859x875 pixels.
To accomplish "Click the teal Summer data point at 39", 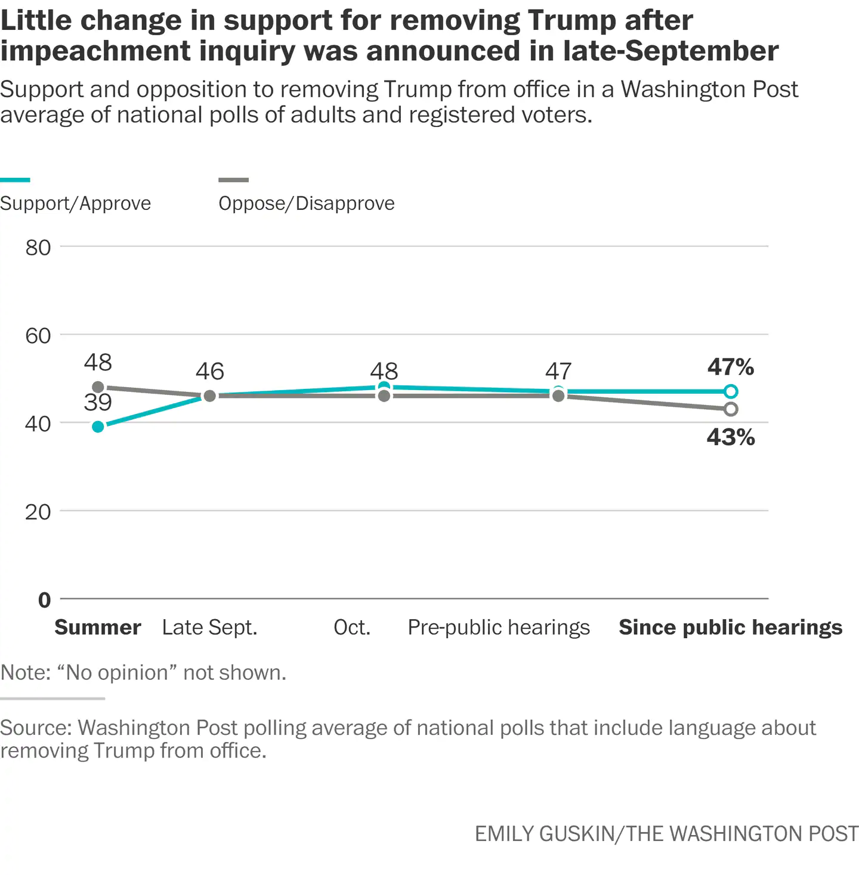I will tap(98, 426).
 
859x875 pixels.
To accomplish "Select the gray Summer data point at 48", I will tap(98, 387).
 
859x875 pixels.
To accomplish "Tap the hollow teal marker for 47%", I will tap(731, 391).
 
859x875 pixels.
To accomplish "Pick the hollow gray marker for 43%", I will tap(731, 409).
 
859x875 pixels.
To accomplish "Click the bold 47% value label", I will tap(731, 367).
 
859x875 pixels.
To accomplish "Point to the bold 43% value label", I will tap(731, 437).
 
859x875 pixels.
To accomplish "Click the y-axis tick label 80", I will tap(38, 248).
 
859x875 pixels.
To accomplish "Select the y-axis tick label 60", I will tap(38, 336).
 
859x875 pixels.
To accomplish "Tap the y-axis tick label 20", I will tap(38, 512).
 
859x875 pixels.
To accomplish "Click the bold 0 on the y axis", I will tap(45, 599).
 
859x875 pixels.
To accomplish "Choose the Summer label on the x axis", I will tap(98, 627).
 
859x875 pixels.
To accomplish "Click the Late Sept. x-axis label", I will tap(209, 627).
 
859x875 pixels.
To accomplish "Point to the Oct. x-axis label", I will tap(352, 627).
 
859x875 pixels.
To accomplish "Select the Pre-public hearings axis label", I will tap(499, 627).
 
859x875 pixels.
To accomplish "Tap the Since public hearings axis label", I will tap(730, 627).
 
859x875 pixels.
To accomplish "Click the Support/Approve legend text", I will tap(76, 203).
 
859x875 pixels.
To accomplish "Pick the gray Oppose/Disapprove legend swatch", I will tap(233, 180).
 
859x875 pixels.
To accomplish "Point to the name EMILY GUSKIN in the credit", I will tap(544, 833).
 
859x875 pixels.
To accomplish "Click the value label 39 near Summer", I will tap(98, 403).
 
